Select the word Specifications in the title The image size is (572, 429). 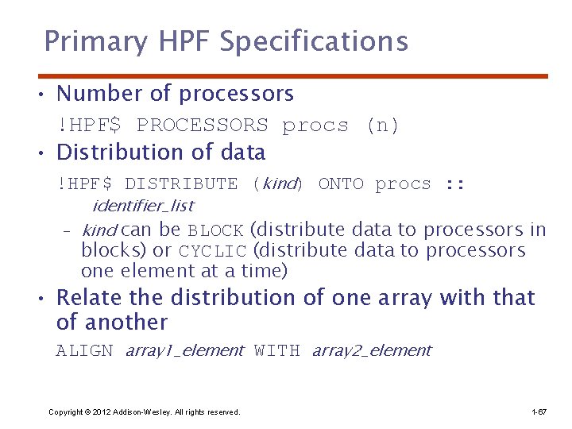click(x=313, y=41)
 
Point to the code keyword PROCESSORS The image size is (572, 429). click(x=203, y=126)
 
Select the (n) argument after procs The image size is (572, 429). click(x=382, y=126)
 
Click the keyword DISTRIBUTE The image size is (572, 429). click(x=181, y=184)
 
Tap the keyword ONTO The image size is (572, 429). click(x=341, y=184)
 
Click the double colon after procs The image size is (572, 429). click(x=454, y=184)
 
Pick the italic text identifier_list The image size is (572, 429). click(x=142, y=206)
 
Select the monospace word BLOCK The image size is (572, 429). click(x=215, y=231)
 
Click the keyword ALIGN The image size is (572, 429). click(x=85, y=351)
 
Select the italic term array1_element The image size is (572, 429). click(x=184, y=351)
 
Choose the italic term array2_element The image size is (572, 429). click(x=371, y=351)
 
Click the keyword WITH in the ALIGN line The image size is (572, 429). click(x=277, y=351)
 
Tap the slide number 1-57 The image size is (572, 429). click(x=539, y=412)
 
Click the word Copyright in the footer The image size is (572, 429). click(x=65, y=412)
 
